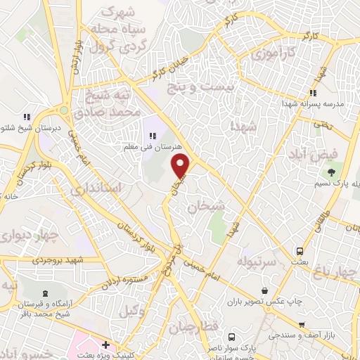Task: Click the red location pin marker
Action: (x=181, y=166)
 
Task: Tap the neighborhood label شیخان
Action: (x=205, y=207)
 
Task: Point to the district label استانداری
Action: (x=116, y=188)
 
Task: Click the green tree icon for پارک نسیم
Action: (x=328, y=171)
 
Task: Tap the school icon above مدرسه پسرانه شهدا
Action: (x=313, y=93)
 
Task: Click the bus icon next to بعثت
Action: (x=300, y=251)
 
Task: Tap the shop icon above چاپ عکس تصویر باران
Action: (x=264, y=290)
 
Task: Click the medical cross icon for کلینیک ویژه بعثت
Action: (x=105, y=345)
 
